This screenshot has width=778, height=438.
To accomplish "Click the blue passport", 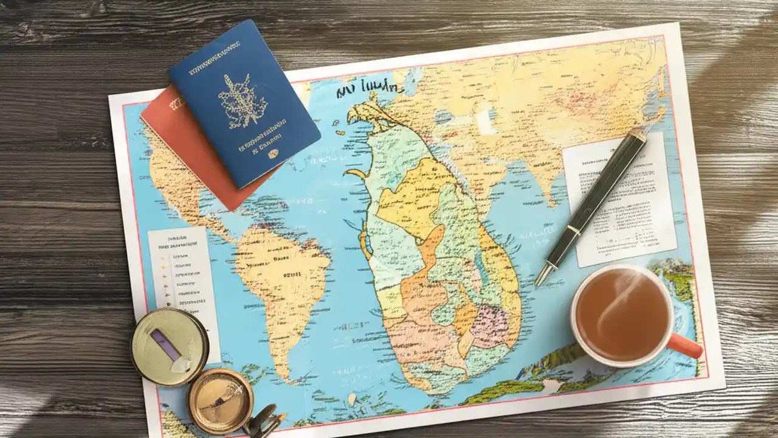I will [243, 103].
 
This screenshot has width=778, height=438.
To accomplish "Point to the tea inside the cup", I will [620, 313].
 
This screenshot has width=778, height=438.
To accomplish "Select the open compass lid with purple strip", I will [169, 346].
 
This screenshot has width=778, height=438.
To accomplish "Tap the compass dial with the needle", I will [220, 400].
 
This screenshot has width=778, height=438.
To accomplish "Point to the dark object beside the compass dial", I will [267, 420].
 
